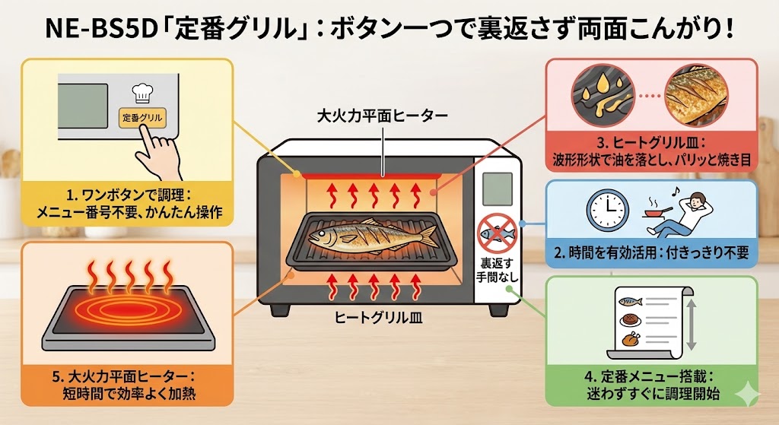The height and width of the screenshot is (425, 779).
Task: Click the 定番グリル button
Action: [143, 119]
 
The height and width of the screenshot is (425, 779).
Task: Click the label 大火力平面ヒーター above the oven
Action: [382, 117]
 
